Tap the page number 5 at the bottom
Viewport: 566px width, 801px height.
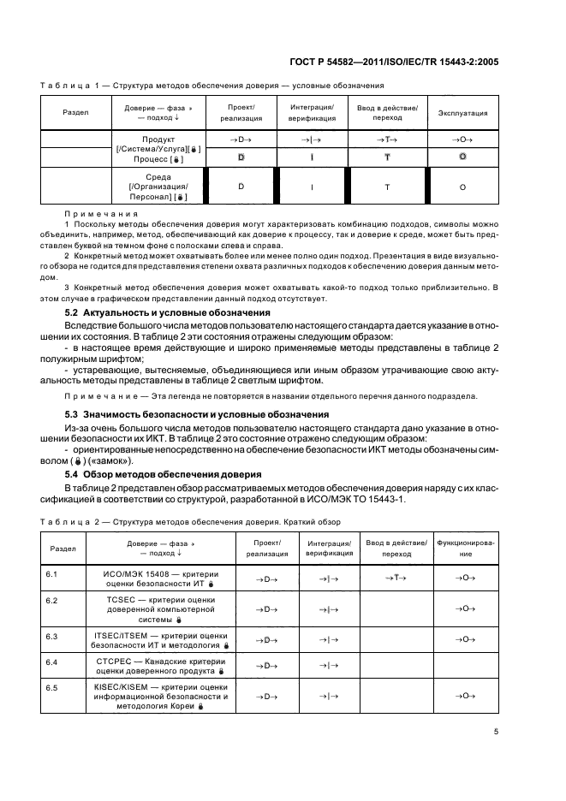click(x=497, y=731)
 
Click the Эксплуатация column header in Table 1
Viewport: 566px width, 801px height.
click(x=463, y=113)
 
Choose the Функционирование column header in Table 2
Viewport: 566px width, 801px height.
click(x=466, y=549)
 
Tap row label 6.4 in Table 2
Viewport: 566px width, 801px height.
click(x=51, y=663)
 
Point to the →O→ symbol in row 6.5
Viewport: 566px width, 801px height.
click(x=466, y=697)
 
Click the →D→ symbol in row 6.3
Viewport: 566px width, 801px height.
click(x=267, y=639)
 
